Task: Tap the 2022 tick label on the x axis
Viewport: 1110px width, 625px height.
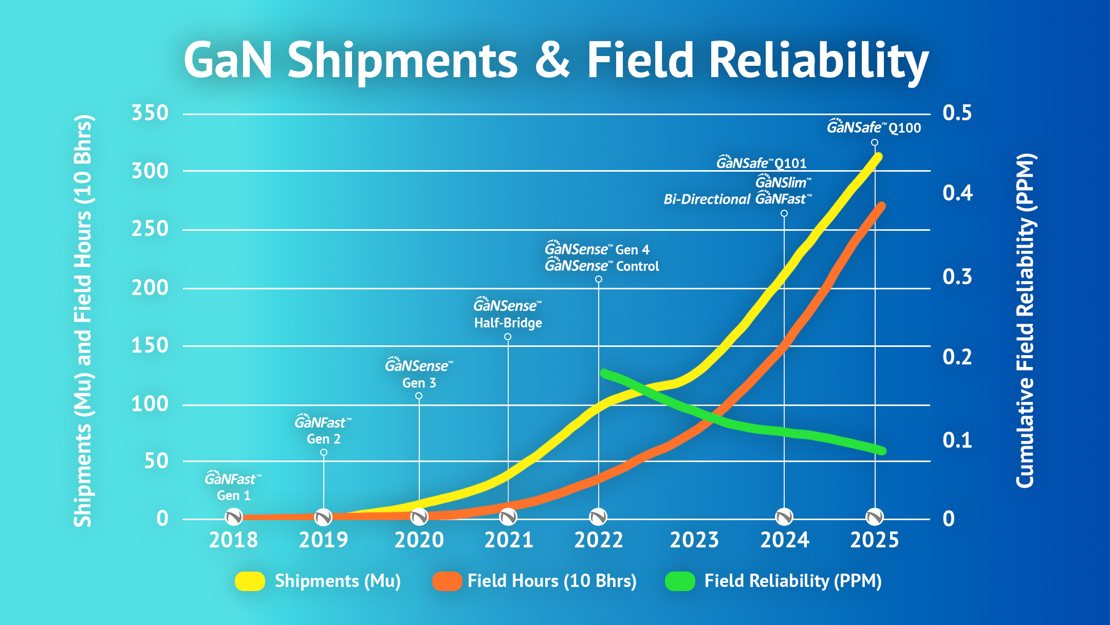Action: pyautogui.click(x=599, y=540)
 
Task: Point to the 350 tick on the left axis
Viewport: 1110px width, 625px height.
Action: pyautogui.click(x=150, y=113)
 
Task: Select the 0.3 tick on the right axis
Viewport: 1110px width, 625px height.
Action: pyautogui.click(x=957, y=277)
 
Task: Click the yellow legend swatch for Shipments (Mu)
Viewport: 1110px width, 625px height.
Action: pyautogui.click(x=250, y=581)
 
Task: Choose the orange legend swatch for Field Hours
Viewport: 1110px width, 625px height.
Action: pyautogui.click(x=447, y=581)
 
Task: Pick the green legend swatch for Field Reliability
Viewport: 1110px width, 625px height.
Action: pyautogui.click(x=680, y=581)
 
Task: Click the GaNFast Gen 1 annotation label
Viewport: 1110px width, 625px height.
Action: pyautogui.click(x=233, y=486)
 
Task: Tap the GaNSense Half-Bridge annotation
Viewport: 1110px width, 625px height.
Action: pyautogui.click(x=508, y=314)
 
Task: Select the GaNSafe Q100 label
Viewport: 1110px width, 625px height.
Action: pyautogui.click(x=874, y=127)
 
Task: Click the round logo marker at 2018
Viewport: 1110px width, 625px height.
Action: pyautogui.click(x=234, y=517)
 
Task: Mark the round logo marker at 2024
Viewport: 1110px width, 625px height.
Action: pyautogui.click(x=784, y=517)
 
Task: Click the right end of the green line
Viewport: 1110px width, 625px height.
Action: pyautogui.click(x=882, y=451)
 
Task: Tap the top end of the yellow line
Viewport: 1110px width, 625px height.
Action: pyautogui.click(x=878, y=156)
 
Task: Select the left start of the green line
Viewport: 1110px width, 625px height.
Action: pyautogui.click(x=605, y=373)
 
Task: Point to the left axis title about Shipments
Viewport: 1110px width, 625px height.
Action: pyautogui.click(x=83, y=321)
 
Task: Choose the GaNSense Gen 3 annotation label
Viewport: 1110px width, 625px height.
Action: pyautogui.click(x=419, y=373)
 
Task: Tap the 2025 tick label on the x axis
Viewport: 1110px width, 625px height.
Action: pyautogui.click(x=875, y=540)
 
